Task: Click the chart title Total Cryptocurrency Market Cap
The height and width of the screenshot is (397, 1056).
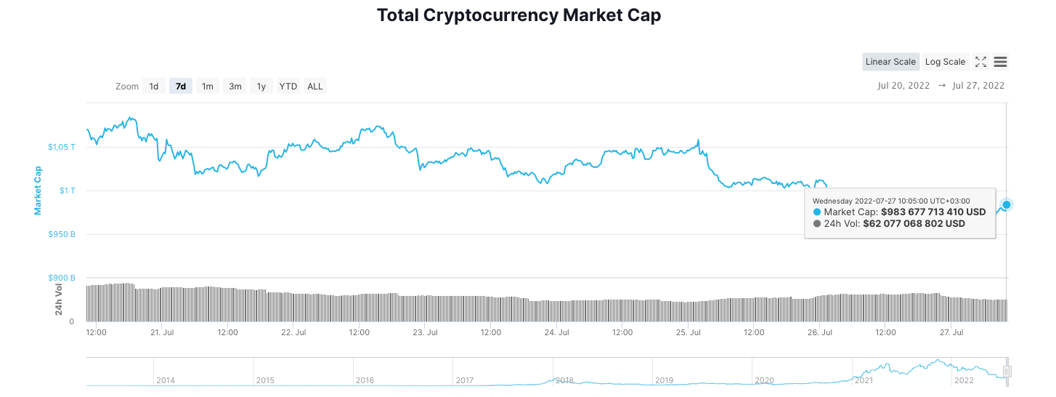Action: coord(519,15)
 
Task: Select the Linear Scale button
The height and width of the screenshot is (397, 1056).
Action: coord(890,62)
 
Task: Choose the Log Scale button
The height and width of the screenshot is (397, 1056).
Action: coord(945,62)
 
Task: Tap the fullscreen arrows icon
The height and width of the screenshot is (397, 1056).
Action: coord(980,62)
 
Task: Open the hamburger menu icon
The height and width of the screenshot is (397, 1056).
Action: coord(1000,62)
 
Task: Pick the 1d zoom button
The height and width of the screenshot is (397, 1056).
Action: coord(154,87)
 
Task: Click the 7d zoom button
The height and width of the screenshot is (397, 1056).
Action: coord(181,87)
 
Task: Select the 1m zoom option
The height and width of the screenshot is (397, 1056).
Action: coord(208,87)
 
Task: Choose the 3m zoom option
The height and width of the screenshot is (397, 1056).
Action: coord(235,87)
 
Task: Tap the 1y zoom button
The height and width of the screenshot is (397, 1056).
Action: coord(261,87)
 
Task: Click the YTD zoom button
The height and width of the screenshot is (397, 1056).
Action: coord(288,87)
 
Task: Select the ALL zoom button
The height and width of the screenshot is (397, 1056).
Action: coord(315,87)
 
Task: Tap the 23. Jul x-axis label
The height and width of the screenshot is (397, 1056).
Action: coord(425,332)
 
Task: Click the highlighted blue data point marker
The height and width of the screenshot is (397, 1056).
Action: coord(1006,204)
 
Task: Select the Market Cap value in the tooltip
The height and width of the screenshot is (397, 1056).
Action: coord(933,212)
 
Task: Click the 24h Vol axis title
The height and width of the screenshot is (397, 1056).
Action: coord(60,299)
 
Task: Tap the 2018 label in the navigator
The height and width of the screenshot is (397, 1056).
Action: coord(564,380)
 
